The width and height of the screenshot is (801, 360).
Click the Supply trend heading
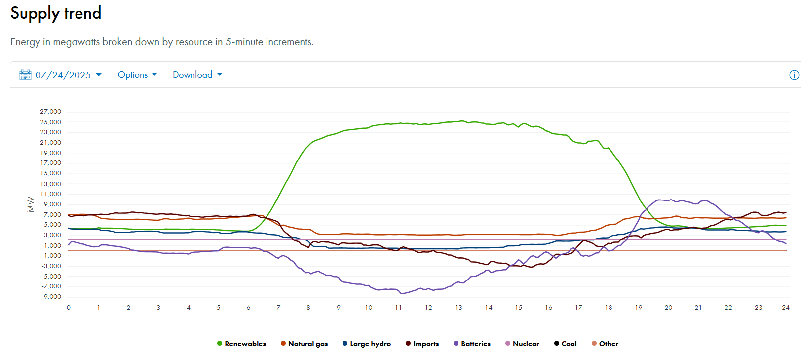pos(56,13)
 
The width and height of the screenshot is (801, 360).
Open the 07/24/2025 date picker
pos(63,75)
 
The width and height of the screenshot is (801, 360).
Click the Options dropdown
pos(137,75)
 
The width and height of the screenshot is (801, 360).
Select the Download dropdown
pos(197,75)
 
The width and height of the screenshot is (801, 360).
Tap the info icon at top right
pos(794,75)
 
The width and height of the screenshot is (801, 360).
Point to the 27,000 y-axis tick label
pos(51,112)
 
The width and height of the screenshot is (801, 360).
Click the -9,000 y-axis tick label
pos(51,297)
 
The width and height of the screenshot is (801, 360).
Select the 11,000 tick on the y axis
pos(51,194)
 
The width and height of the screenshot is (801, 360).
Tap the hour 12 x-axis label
pos(428,308)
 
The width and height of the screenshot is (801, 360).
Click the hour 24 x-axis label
pos(786,308)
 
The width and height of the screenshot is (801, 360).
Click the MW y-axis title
pos(31,204)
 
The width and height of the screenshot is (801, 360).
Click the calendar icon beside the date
pos(25,75)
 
